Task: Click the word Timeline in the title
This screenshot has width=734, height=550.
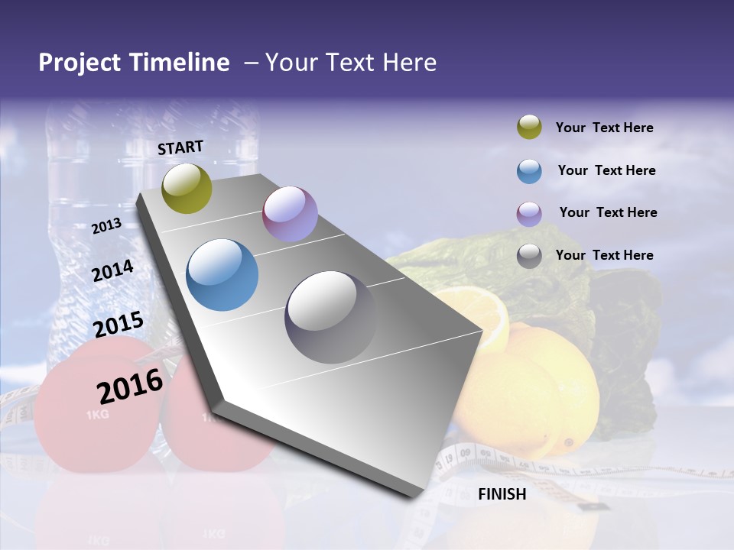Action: click(x=180, y=63)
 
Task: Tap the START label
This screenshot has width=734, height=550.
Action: click(x=180, y=147)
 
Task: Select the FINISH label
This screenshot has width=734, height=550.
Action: click(x=502, y=494)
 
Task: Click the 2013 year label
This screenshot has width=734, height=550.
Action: click(x=106, y=227)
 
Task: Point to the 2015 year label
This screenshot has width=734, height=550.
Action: click(x=119, y=325)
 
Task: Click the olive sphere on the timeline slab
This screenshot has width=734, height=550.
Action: click(x=187, y=189)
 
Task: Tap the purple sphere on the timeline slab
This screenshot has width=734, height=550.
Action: click(x=290, y=214)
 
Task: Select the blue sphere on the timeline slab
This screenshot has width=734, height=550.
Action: click(x=222, y=275)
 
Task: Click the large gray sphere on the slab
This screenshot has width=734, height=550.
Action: click(x=330, y=316)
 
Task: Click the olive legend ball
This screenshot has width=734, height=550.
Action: click(x=529, y=128)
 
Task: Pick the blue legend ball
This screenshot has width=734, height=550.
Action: click(x=529, y=170)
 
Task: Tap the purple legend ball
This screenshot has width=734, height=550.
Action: click(x=529, y=213)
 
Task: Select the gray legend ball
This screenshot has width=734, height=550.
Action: click(x=529, y=256)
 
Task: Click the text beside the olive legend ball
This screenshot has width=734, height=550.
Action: click(x=604, y=128)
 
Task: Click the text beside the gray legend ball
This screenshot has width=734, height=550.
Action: click(x=604, y=255)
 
